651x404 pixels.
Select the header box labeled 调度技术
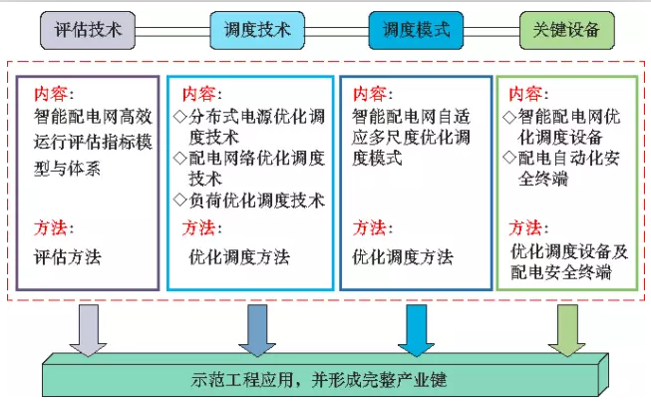251,30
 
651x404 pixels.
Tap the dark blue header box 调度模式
416,30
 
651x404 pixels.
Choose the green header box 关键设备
566,30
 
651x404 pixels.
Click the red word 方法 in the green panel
528,227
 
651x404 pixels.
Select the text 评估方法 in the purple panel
68,256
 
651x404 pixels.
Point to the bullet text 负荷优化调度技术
248,201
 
